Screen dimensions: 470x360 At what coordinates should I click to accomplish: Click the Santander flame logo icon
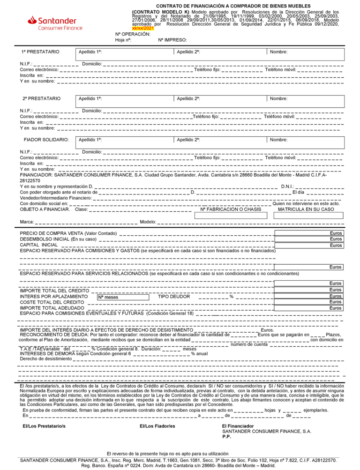pos(32,20)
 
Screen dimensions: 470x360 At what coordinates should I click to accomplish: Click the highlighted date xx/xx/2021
pos(143,29)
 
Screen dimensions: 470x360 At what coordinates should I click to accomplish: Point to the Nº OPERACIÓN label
pos(133,34)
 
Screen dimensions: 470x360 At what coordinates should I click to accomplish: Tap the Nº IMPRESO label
pos(172,40)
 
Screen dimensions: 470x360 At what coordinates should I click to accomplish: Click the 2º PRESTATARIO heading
pos(42,98)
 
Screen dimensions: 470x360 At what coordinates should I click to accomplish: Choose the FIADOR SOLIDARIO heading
pos(46,140)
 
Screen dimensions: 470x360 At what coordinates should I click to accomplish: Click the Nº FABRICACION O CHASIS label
pos(230,209)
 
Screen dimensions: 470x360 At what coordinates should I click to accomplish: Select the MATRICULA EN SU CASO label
pos(306,209)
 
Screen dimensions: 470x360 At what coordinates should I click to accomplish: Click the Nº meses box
pos(122,297)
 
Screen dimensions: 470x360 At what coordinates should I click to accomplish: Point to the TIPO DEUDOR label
pos(174,297)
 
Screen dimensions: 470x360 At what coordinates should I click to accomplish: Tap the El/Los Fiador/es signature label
pos(157,426)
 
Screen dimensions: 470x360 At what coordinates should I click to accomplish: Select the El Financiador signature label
pos(238,426)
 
